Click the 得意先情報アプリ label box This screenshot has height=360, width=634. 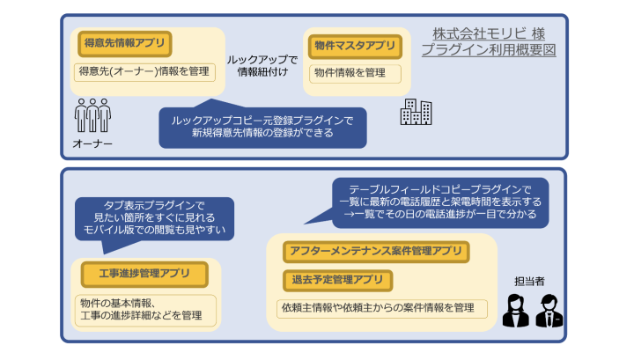[x=122, y=42]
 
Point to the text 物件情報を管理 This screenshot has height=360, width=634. [x=350, y=73]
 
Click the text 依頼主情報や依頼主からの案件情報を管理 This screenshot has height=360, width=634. [x=378, y=308]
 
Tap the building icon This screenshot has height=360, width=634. [x=416, y=111]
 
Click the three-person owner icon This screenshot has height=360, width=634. [x=92, y=114]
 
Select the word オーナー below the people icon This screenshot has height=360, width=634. [x=92, y=144]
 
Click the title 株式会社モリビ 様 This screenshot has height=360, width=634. [x=487, y=33]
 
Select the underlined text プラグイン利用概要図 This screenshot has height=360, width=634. [x=487, y=51]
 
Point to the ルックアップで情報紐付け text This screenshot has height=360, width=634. [x=262, y=65]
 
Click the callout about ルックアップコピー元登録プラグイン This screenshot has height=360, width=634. [x=262, y=127]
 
